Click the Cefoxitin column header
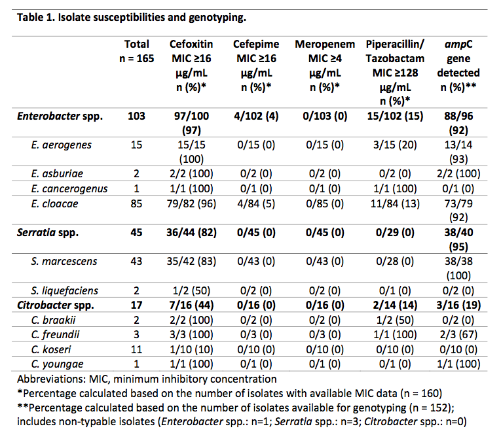pos(191,65)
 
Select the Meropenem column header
pos(325,65)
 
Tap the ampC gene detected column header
pos(458,65)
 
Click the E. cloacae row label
pos(54,203)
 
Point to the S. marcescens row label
pos(64,262)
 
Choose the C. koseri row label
pos(51,349)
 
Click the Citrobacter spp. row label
pos(56,305)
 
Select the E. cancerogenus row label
pos(69,189)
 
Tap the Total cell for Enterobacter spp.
pos(136,116)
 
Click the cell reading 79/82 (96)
pos(191,203)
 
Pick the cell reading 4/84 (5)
pos(256,203)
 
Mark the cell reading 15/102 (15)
pos(395,116)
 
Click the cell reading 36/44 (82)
pos(191,232)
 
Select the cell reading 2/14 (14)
pos(395,305)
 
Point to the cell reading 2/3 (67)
pos(458,334)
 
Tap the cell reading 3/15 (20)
pos(395,145)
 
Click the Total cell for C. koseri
pos(136,349)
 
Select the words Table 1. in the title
pos(36,17)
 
